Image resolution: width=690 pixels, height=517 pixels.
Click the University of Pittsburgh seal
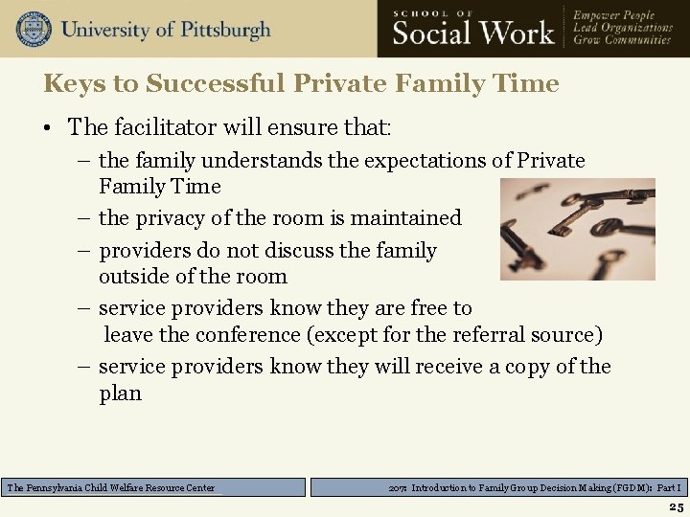33,29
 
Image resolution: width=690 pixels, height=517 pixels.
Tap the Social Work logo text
473,34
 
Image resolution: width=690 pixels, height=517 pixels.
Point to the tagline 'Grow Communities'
622,41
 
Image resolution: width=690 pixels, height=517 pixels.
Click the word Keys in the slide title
74,84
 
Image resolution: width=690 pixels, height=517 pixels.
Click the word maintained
406,218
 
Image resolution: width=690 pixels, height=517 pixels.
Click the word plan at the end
120,393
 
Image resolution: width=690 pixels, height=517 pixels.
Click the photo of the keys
578,229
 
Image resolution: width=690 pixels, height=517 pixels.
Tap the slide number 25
676,507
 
